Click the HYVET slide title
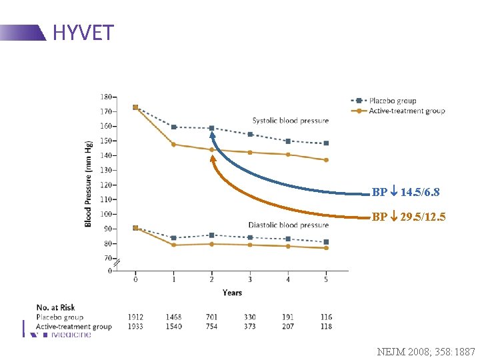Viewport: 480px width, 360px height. click(x=83, y=32)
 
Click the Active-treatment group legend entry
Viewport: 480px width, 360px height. click(x=397, y=111)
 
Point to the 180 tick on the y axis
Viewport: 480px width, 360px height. click(x=106, y=97)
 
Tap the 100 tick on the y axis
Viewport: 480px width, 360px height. click(x=106, y=214)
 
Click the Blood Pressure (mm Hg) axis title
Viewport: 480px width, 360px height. click(x=89, y=183)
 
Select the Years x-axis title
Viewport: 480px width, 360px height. click(x=232, y=293)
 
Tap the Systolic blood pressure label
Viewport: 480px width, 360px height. click(x=290, y=121)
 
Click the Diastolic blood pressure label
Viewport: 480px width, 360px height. click(x=288, y=225)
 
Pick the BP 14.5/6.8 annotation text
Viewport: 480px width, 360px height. click(x=405, y=192)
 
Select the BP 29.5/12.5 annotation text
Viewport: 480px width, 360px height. click(x=409, y=217)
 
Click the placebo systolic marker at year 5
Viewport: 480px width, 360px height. click(x=326, y=143)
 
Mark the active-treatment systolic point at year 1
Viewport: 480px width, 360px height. click(x=173, y=144)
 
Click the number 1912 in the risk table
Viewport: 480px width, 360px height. click(x=135, y=317)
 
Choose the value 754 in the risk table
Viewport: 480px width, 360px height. click(x=211, y=327)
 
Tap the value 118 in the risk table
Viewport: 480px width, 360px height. click(x=325, y=327)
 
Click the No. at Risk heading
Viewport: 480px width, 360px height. click(x=55, y=307)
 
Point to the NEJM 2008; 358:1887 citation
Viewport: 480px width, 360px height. click(x=426, y=350)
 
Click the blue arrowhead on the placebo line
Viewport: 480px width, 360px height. click(x=212, y=135)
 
